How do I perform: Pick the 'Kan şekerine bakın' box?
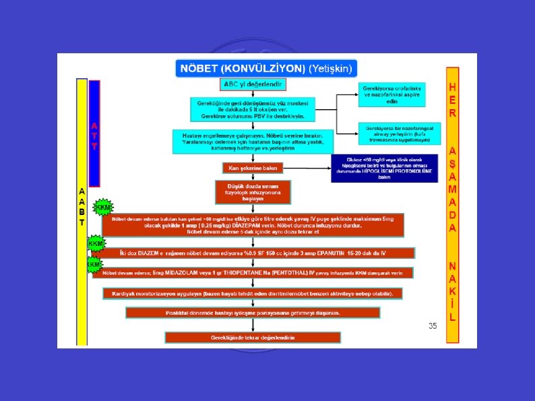pyautogui.click(x=253, y=167)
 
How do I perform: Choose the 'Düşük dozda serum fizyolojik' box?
pyautogui.click(x=253, y=191)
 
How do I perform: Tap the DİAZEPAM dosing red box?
pyautogui.click(x=253, y=224)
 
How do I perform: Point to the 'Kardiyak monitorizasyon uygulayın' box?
pyautogui.click(x=253, y=294)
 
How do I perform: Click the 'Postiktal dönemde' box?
pyautogui.click(x=253, y=313)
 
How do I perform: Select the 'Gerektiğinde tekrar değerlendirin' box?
pyautogui.click(x=253, y=337)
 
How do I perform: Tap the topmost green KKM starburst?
pyautogui.click(x=102, y=207)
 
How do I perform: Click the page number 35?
pyautogui.click(x=433, y=326)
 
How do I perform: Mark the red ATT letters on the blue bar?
pyautogui.click(x=94, y=135)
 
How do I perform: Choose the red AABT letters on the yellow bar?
pyautogui.click(x=82, y=206)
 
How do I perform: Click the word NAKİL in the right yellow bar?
pyautogui.click(x=453, y=290)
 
